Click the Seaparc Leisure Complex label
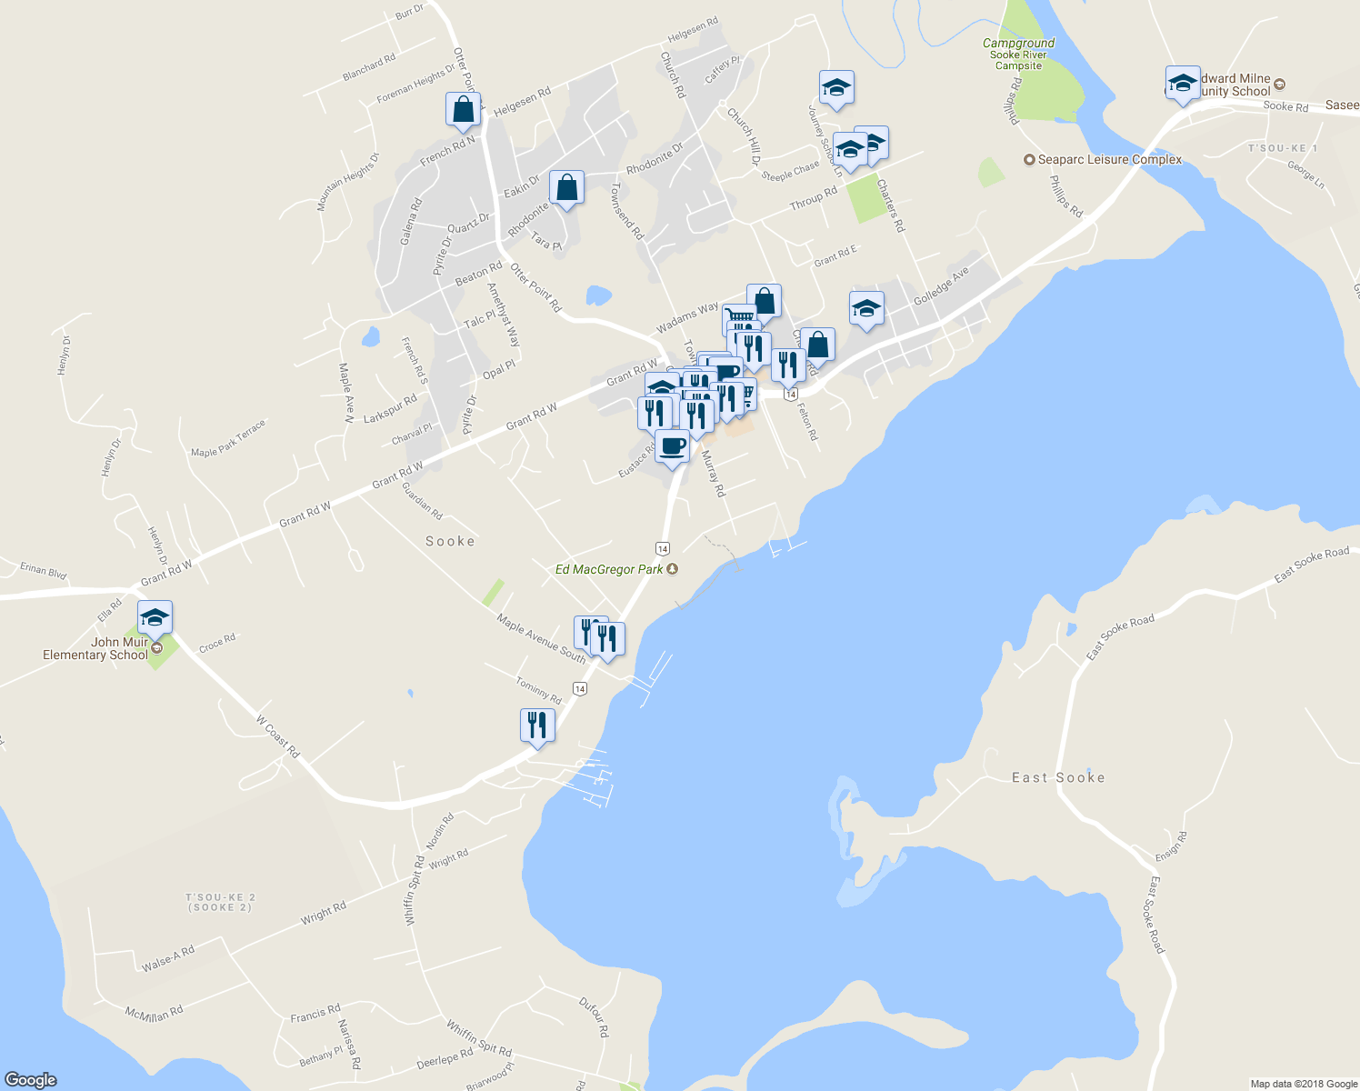[x=1109, y=160]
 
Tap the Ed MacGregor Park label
[x=609, y=570]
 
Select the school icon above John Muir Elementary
[x=155, y=618]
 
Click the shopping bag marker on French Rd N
[x=463, y=109]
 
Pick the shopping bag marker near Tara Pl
[x=566, y=189]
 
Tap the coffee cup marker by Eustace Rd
[x=672, y=447]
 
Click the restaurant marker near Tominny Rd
[x=537, y=726]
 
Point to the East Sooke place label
[x=1058, y=778]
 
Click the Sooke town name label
[x=450, y=542]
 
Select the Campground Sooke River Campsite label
[x=1018, y=55]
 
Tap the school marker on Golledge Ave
[x=866, y=309]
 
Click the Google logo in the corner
[x=31, y=1080]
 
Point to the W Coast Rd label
[x=277, y=737]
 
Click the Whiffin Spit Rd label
[x=479, y=1038]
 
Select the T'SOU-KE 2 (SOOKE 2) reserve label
[x=219, y=903]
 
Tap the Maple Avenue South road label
[x=541, y=638]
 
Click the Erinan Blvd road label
[x=44, y=571]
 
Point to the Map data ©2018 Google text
[x=1304, y=1084]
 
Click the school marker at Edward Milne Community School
[x=1183, y=84]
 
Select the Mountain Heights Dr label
[x=347, y=183]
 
